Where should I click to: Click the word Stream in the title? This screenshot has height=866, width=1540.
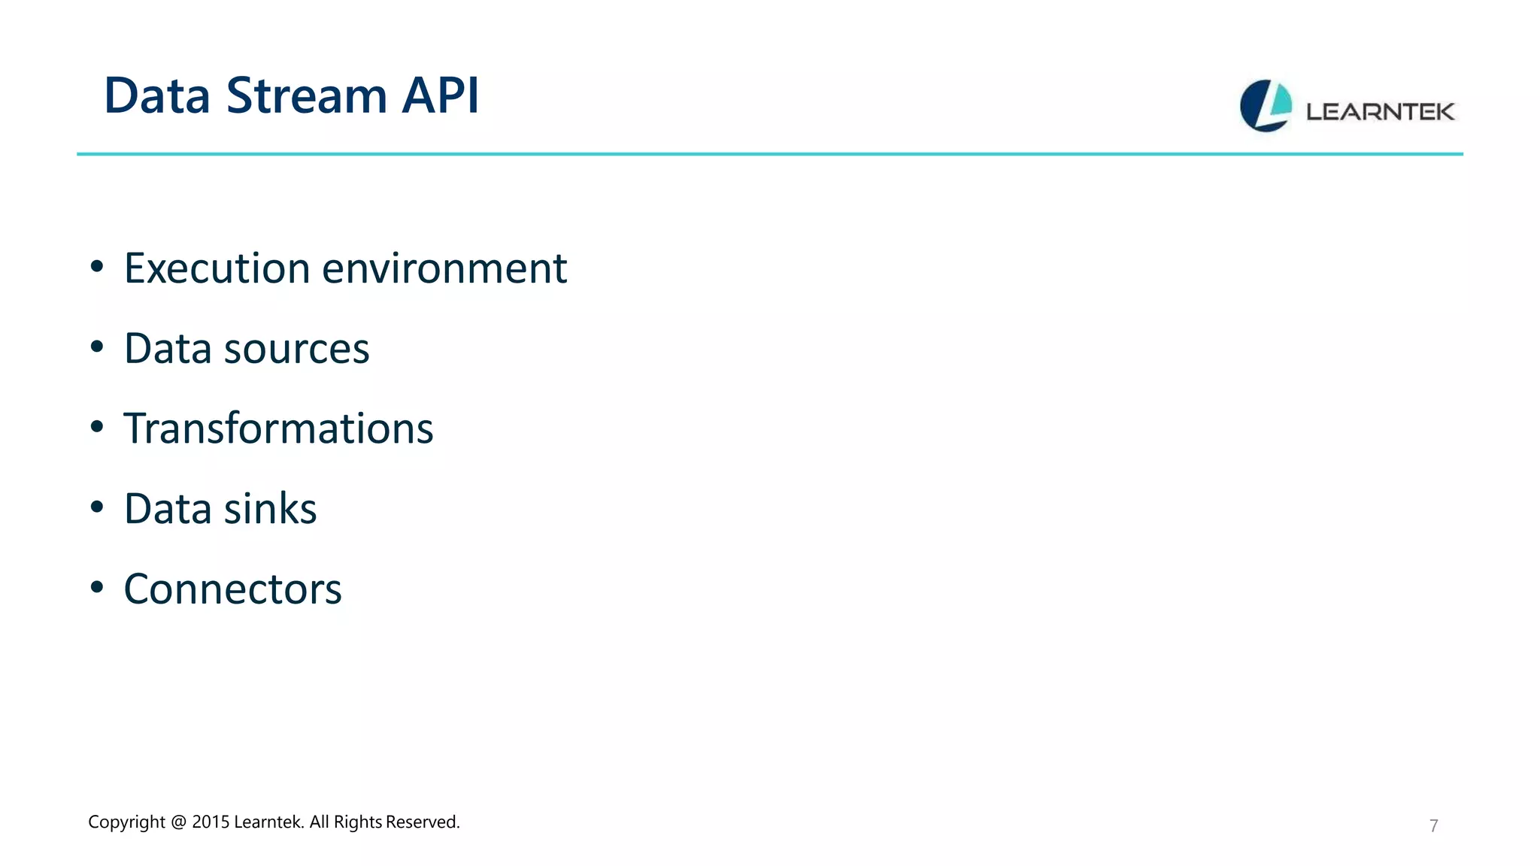(306, 96)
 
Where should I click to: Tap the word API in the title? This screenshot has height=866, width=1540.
(440, 96)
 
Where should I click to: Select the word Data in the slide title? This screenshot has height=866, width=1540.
(156, 96)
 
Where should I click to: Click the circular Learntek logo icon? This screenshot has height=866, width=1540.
(1266, 106)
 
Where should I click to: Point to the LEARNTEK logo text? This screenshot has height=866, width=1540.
(1380, 112)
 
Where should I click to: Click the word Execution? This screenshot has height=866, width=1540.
(217, 268)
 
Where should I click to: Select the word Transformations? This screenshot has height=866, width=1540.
(278, 428)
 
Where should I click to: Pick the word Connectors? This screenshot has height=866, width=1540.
(232, 589)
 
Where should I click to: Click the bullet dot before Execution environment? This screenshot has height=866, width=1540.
(96, 266)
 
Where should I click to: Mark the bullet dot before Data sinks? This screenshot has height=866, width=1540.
(96, 507)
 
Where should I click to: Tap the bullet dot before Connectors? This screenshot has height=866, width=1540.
(96, 587)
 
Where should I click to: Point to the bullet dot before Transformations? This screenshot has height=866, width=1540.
(96, 426)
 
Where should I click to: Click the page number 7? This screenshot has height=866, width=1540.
(1433, 825)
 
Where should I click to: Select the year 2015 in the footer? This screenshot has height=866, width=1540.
(211, 822)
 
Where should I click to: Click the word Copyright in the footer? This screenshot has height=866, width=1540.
(126, 822)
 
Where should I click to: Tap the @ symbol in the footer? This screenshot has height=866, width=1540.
(178, 822)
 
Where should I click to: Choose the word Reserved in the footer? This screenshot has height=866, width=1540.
(422, 822)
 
